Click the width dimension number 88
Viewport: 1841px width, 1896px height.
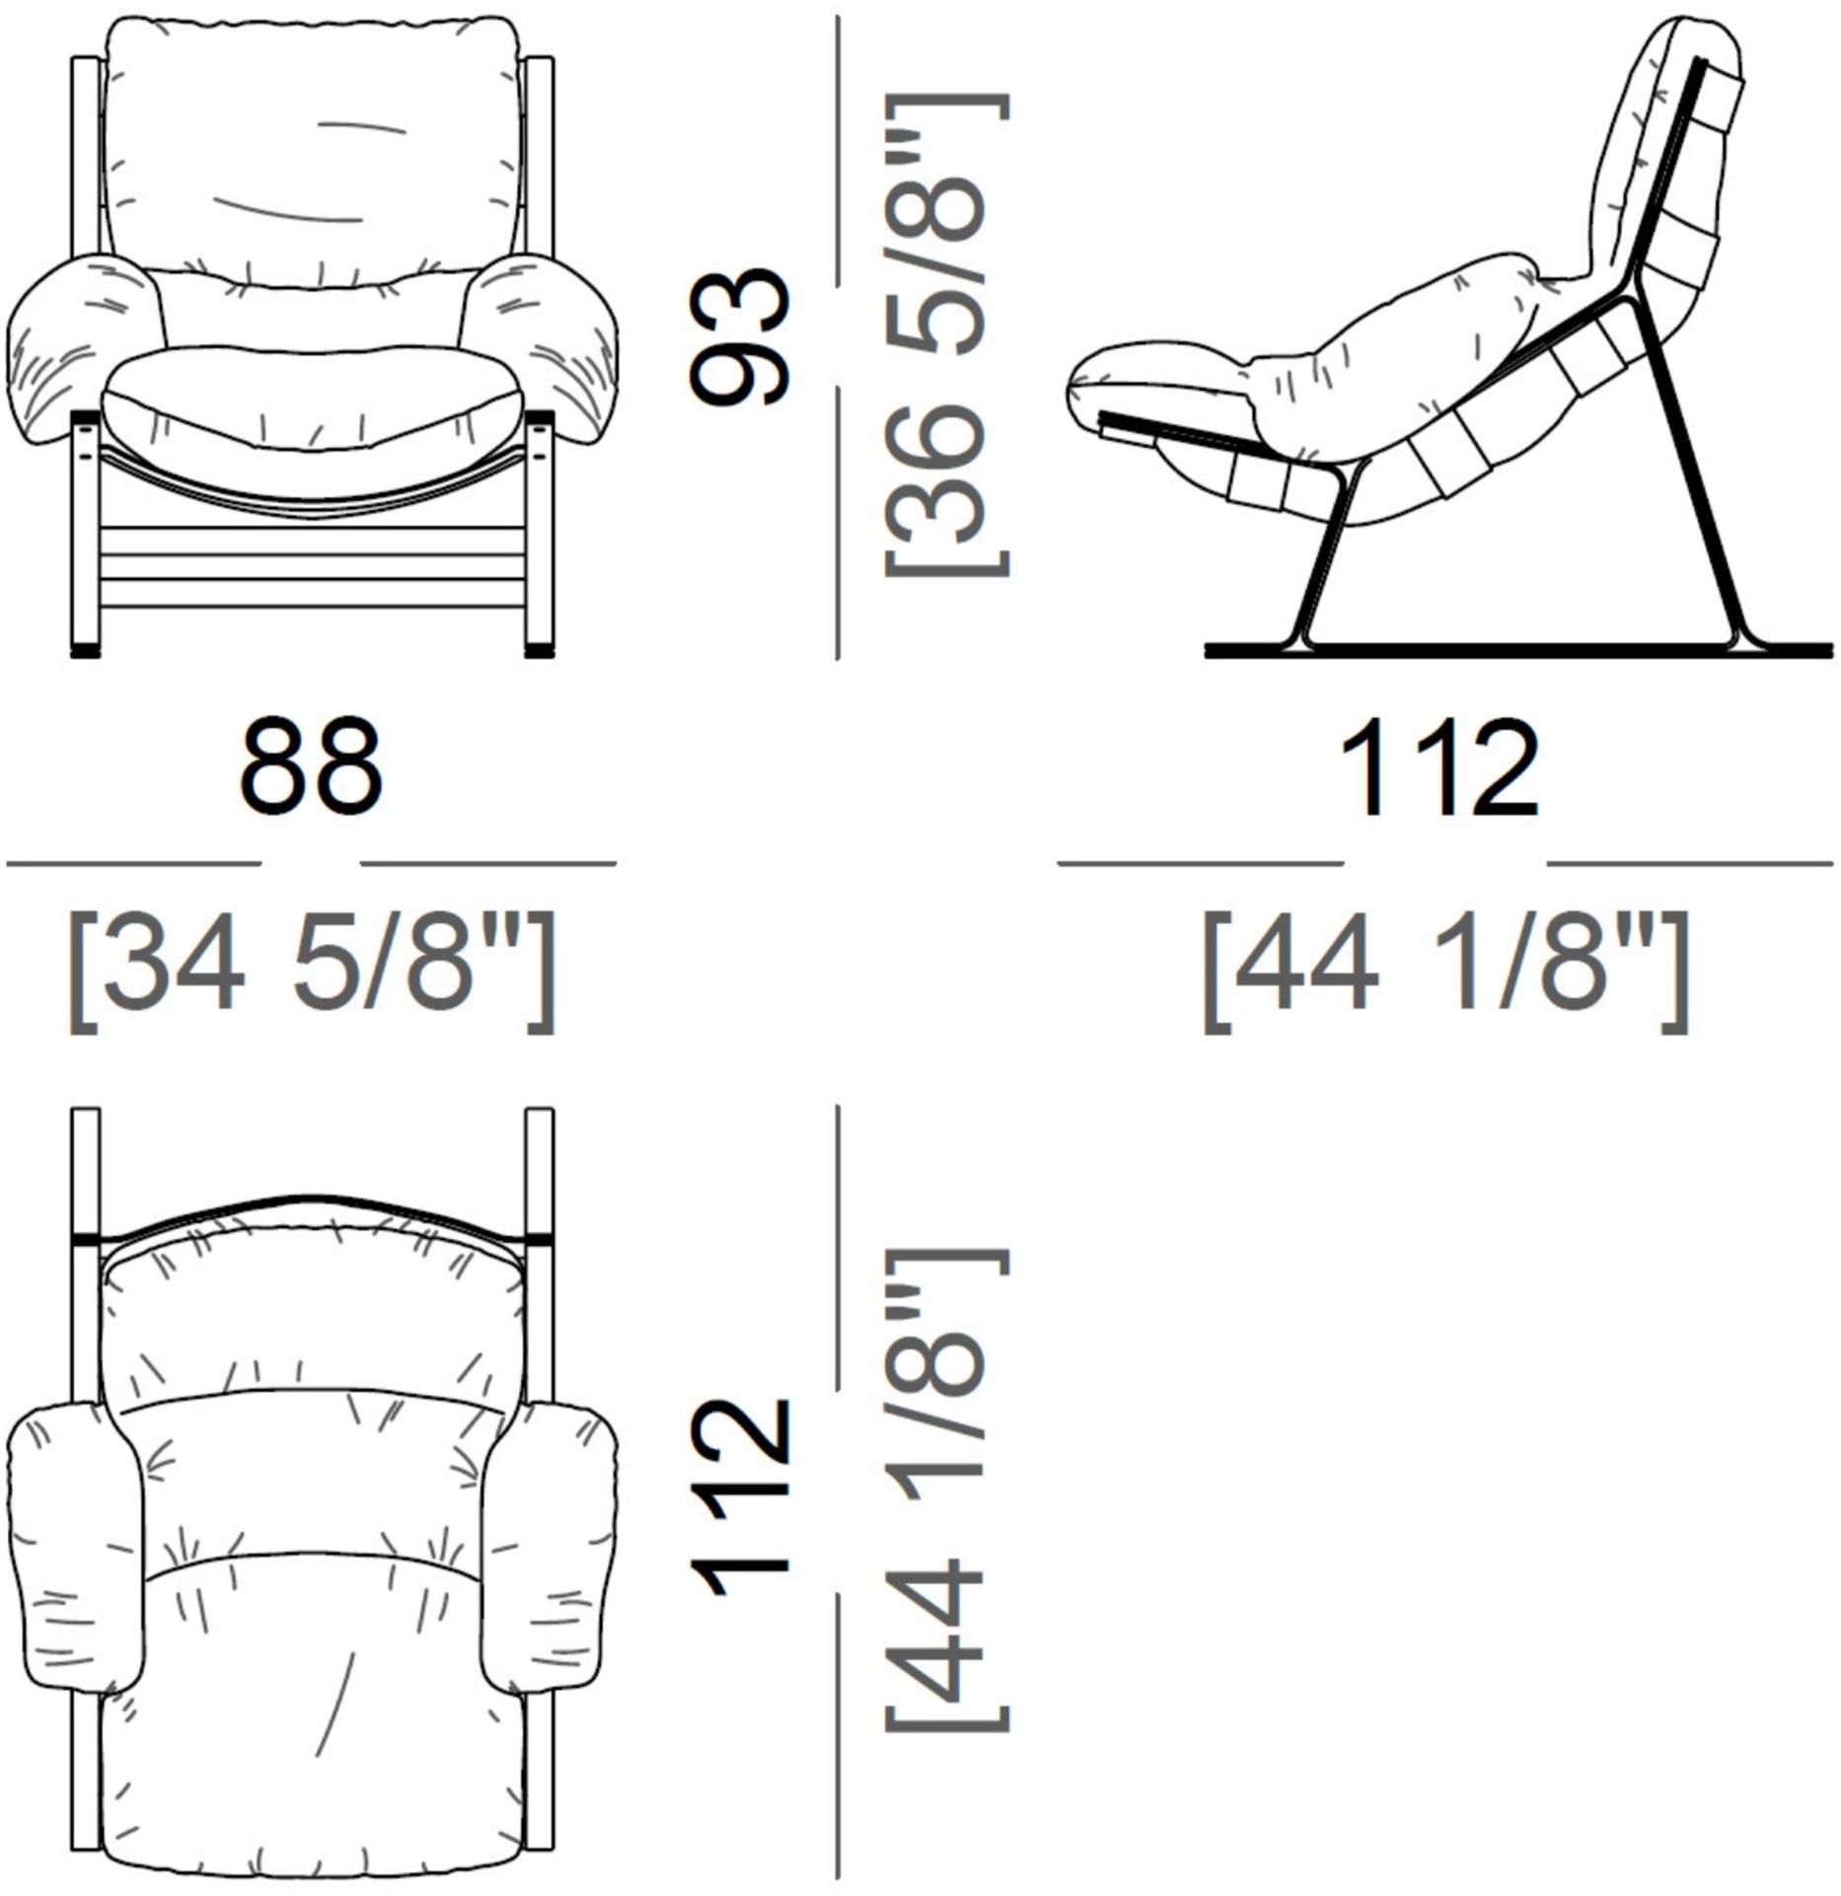[x=311, y=766]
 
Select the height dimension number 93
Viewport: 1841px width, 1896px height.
[x=740, y=337]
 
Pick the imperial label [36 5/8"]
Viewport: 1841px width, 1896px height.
[x=945, y=335]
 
